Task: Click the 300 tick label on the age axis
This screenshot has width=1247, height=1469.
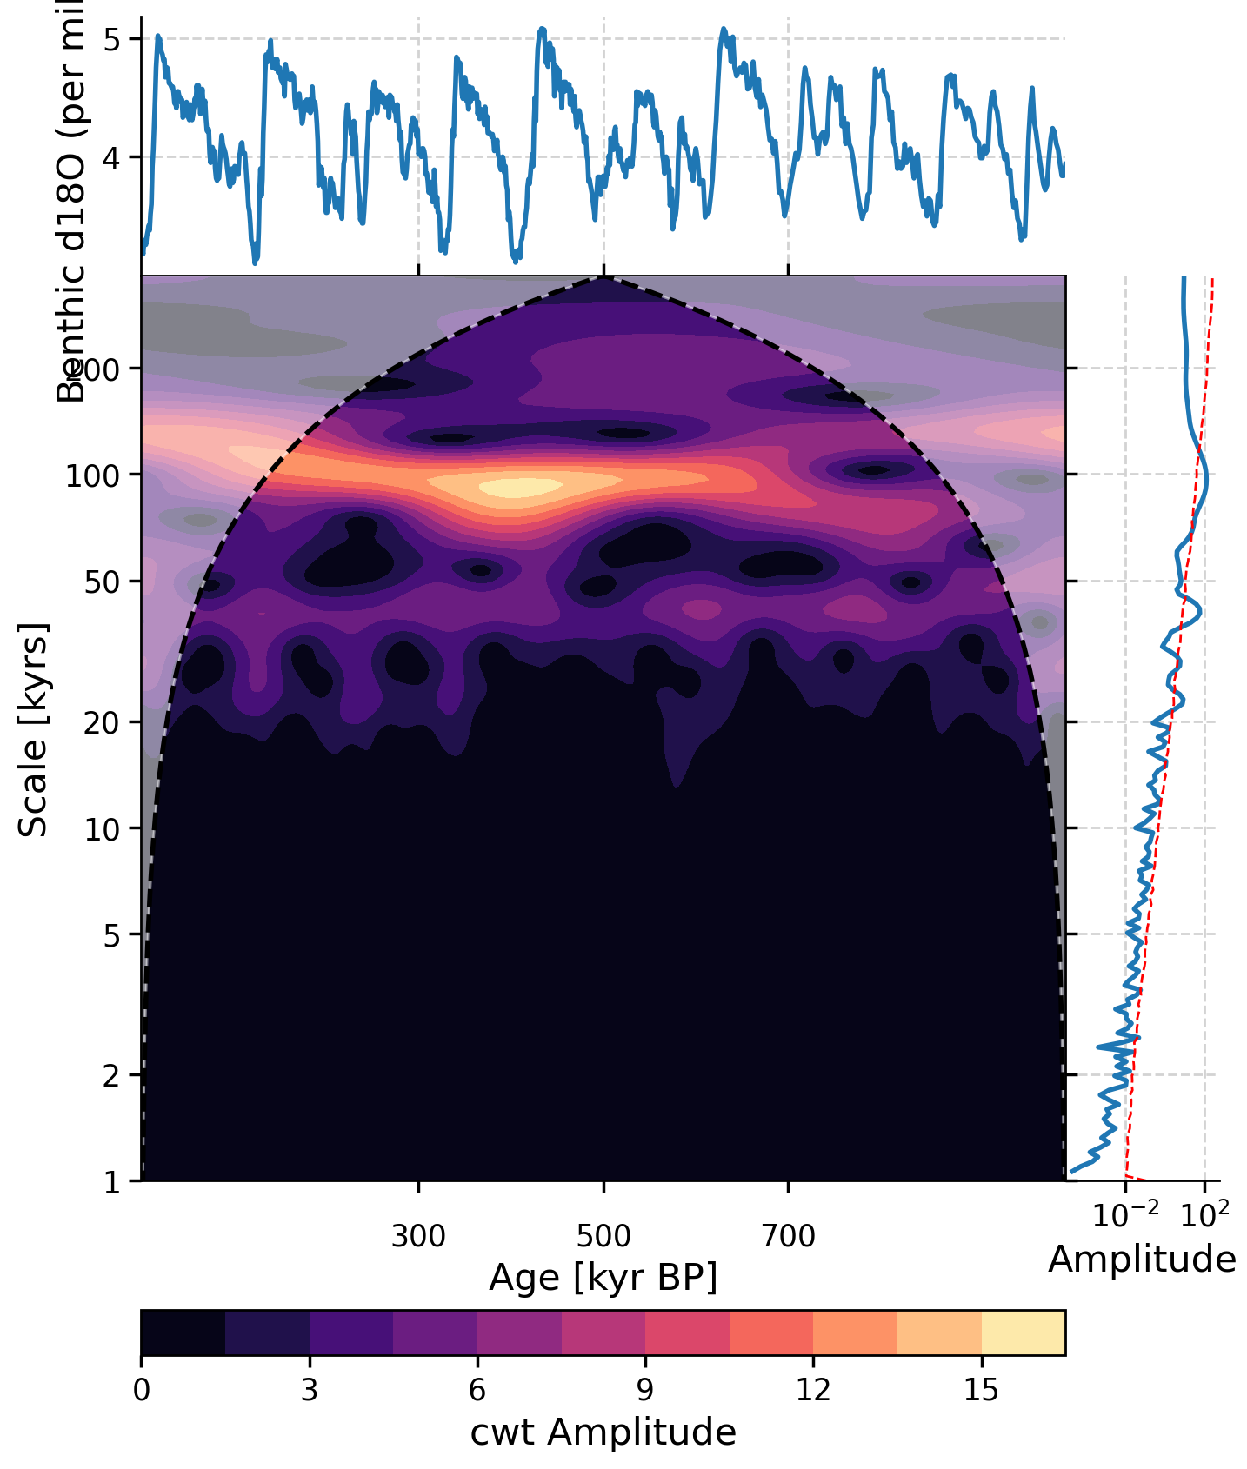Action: click(418, 1235)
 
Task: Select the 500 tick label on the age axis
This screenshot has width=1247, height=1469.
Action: click(603, 1235)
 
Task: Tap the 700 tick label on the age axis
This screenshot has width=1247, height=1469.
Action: click(789, 1235)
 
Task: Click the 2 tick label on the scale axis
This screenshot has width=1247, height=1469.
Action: click(111, 1076)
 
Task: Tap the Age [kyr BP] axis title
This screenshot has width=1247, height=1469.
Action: click(603, 1278)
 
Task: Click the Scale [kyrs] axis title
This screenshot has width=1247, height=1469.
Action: click(33, 730)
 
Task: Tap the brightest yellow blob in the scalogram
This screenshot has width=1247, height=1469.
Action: click(522, 488)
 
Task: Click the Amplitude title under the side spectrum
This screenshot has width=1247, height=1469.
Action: click(1142, 1260)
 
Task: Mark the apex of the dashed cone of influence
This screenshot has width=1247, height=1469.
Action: click(604, 277)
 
